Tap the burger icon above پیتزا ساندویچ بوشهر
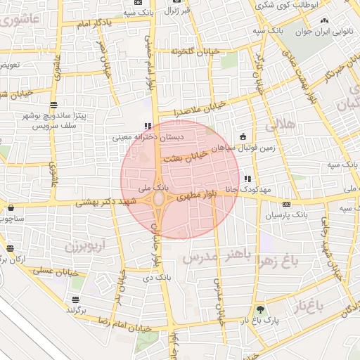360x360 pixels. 53,105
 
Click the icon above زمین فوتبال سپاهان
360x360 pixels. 243,136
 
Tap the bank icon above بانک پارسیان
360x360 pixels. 286,204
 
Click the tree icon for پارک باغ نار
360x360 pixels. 261,309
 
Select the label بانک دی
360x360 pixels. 157,278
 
